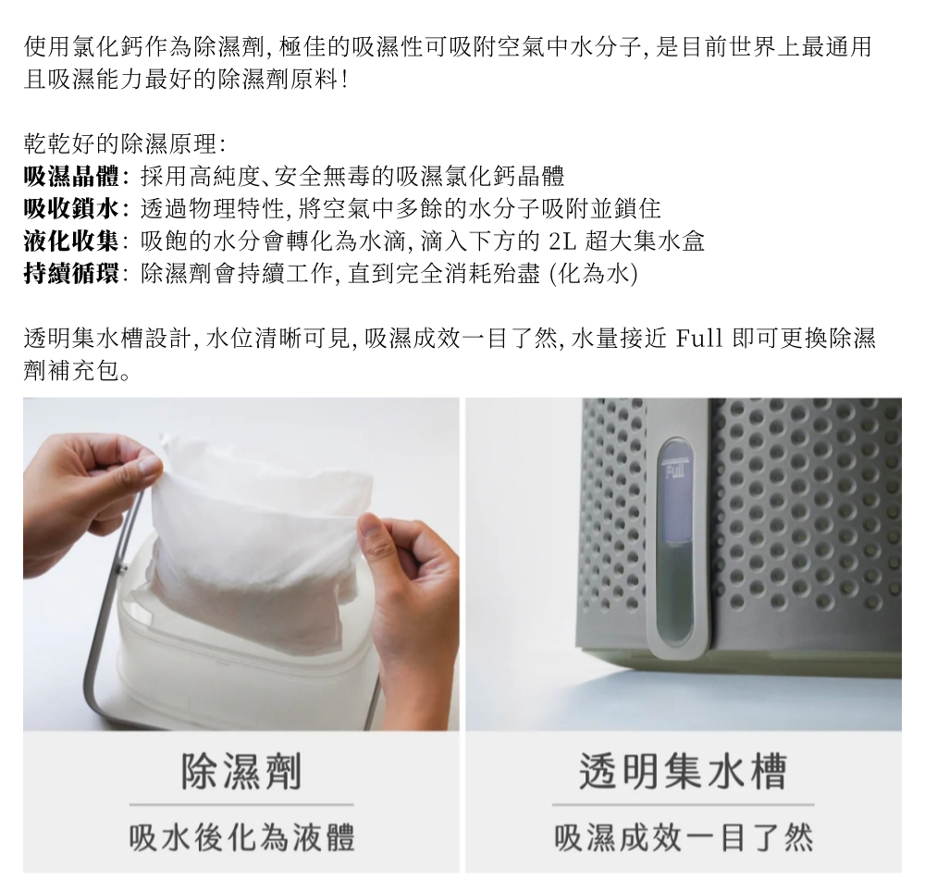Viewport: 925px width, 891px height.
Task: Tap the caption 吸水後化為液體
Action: [241, 837]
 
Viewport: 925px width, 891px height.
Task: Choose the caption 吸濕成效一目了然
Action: [683, 837]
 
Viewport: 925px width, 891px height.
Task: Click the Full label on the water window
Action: [672, 475]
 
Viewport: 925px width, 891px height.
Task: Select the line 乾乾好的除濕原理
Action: [125, 143]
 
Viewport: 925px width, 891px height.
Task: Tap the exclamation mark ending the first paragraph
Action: [344, 80]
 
